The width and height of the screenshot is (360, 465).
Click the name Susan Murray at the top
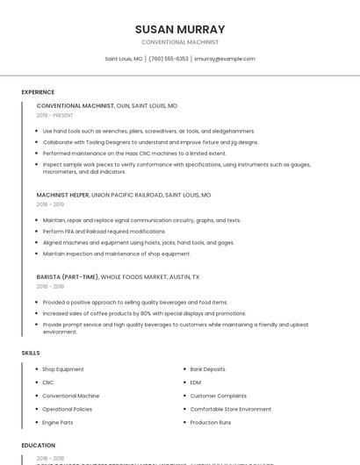pos(180,29)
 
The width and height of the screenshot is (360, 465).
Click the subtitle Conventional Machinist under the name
pos(180,42)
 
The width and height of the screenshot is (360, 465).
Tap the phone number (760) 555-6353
pos(169,59)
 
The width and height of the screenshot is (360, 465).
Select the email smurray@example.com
pos(225,59)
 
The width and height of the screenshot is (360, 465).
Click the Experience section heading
pos(38,92)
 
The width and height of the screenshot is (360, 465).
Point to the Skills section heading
pos(31,353)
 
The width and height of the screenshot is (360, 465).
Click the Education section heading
pos(39,446)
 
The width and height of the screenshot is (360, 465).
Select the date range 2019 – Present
pos(55,115)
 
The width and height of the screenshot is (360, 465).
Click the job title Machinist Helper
pos(63,195)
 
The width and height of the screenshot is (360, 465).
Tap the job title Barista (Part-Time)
pos(68,276)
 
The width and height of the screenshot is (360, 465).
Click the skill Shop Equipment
pos(63,369)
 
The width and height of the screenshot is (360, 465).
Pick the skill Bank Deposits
pos(208,369)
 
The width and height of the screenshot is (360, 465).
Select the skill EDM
pos(196,383)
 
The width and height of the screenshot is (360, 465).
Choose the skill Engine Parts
pos(58,422)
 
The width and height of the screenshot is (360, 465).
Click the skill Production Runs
pos(211,422)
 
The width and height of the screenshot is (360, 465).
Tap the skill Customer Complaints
pos(218,396)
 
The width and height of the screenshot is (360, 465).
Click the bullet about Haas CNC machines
pos(134,153)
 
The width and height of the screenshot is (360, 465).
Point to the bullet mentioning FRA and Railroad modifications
pos(104,232)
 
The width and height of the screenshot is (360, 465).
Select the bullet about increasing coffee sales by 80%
pos(144,313)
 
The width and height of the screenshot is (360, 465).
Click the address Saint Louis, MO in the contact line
pos(124,59)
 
